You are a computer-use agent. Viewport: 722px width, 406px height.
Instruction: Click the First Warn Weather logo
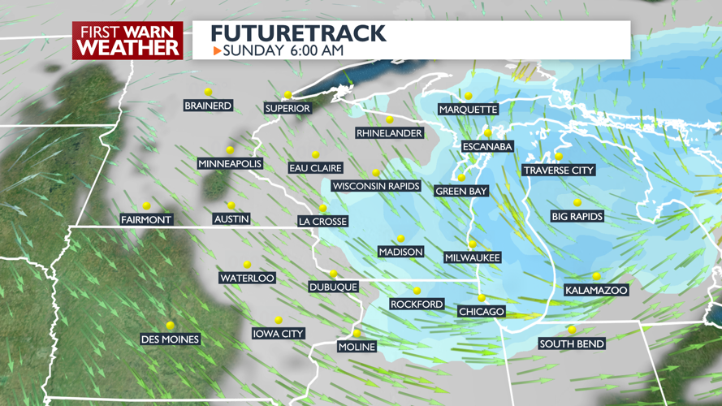[x=128, y=40]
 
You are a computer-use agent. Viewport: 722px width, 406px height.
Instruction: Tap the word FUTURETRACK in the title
[x=298, y=33]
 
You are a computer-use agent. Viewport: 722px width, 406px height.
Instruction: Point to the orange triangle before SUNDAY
[x=217, y=50]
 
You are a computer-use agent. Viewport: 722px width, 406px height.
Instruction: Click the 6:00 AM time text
[x=314, y=50]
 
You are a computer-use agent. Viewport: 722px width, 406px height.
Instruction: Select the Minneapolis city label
[x=230, y=164]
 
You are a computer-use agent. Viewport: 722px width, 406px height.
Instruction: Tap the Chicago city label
[x=482, y=312]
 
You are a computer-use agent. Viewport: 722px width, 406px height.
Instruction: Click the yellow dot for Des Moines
[x=171, y=326]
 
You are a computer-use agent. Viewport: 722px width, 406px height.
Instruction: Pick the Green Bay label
[x=461, y=192]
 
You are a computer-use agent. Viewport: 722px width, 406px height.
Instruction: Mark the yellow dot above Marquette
[x=469, y=96]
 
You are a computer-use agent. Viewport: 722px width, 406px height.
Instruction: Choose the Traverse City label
[x=559, y=171]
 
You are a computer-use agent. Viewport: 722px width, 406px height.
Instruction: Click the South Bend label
[x=572, y=344]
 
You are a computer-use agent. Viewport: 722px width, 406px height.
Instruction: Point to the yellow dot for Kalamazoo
[x=597, y=277]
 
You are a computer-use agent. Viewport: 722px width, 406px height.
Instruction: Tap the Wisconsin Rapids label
[x=376, y=186]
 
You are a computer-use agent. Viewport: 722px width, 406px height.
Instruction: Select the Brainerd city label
[x=209, y=106]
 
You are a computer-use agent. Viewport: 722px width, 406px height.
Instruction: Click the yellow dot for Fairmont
[x=146, y=206]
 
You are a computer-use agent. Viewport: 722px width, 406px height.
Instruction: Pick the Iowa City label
[x=278, y=334]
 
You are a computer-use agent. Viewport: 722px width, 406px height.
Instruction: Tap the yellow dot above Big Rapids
[x=577, y=203]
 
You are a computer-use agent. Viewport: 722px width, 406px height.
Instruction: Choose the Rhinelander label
[x=390, y=133]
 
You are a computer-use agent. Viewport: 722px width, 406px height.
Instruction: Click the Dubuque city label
[x=333, y=287]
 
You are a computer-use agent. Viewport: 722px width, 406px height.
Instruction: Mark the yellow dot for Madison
[x=400, y=239]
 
